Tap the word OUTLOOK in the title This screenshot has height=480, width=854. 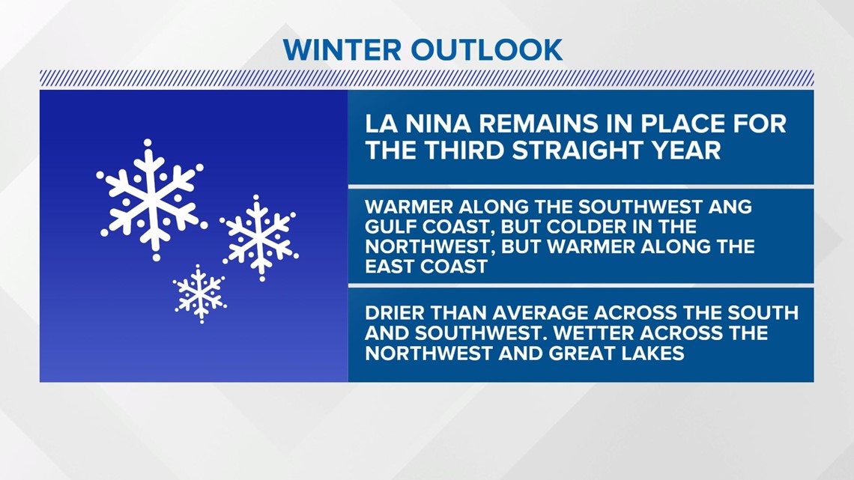(x=486, y=50)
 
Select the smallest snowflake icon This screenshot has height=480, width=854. (x=200, y=294)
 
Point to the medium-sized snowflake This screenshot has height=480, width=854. (x=259, y=238)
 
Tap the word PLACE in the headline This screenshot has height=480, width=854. (x=688, y=124)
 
